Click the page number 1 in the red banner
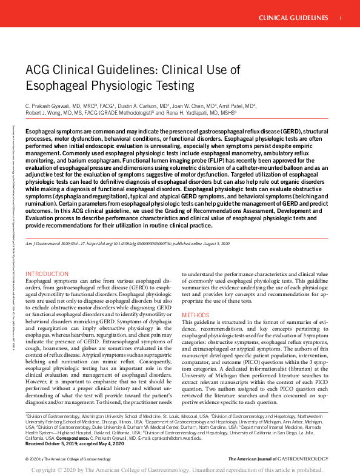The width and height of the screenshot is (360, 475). click(341, 18)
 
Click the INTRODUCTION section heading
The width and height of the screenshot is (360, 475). click(47, 274)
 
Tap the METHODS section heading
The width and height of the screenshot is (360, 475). click(195, 315)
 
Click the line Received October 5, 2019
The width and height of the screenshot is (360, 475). click(52, 443)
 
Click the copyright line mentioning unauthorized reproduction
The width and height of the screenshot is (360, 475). click(180, 470)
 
